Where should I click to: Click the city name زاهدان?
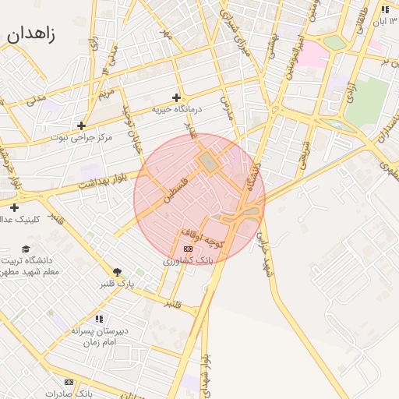click(x=31, y=34)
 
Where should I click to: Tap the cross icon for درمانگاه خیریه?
click(x=177, y=97)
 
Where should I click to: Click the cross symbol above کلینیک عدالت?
click(x=14, y=207)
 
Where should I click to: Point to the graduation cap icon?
click(x=26, y=249)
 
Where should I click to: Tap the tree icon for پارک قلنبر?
click(x=117, y=272)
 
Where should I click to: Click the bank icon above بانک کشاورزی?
click(x=187, y=249)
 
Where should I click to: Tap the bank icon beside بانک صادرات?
click(x=69, y=382)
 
